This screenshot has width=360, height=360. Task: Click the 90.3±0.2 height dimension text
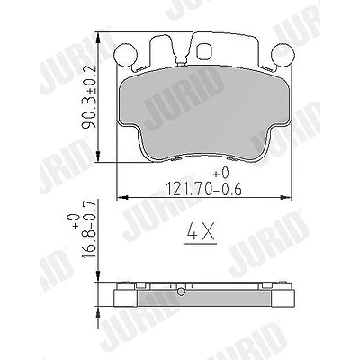pyautogui.click(x=89, y=97)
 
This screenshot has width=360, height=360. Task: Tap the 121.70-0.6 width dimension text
pyautogui.click(x=203, y=189)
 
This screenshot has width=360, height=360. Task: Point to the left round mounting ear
pyautogui.click(x=125, y=55)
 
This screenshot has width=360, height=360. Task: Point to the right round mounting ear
pyautogui.click(x=283, y=55)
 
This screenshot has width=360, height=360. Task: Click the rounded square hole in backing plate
pyautogui.click(x=204, y=51)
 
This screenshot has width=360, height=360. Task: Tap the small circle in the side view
pyautogui.click(x=181, y=292)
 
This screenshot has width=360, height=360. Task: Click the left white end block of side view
pyautogui.click(x=126, y=298)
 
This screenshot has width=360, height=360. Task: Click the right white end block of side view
pyautogui.click(x=283, y=298)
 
